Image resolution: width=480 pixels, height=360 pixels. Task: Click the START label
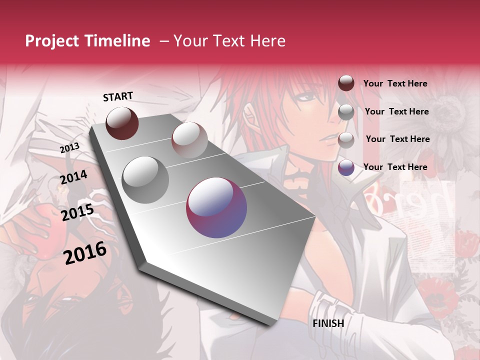pyautogui.click(x=118, y=96)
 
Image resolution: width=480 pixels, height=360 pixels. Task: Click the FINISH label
pyautogui.click(x=328, y=323)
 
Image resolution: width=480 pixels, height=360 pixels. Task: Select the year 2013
pyautogui.click(x=69, y=147)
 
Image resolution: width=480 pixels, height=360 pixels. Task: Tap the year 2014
pyautogui.click(x=73, y=177)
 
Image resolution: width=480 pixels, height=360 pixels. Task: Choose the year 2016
pyautogui.click(x=85, y=252)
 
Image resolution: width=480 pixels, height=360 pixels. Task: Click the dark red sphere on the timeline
pyautogui.click(x=122, y=123)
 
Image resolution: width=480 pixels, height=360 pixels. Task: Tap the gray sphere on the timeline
pyautogui.click(x=145, y=179)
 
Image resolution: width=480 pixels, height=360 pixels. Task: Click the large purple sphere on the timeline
pyautogui.click(x=216, y=207)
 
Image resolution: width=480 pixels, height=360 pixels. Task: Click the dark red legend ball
pyautogui.click(x=346, y=83)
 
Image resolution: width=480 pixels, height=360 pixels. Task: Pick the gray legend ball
pyautogui.click(x=346, y=112)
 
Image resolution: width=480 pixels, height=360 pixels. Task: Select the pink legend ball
pyautogui.click(x=346, y=140)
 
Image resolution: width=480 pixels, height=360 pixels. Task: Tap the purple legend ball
pyautogui.click(x=346, y=167)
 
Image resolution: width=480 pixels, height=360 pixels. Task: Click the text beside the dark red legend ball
pyautogui.click(x=395, y=83)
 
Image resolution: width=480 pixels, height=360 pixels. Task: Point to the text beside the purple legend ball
pyautogui.click(x=395, y=167)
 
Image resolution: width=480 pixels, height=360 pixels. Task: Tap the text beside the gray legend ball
pyautogui.click(x=396, y=111)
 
